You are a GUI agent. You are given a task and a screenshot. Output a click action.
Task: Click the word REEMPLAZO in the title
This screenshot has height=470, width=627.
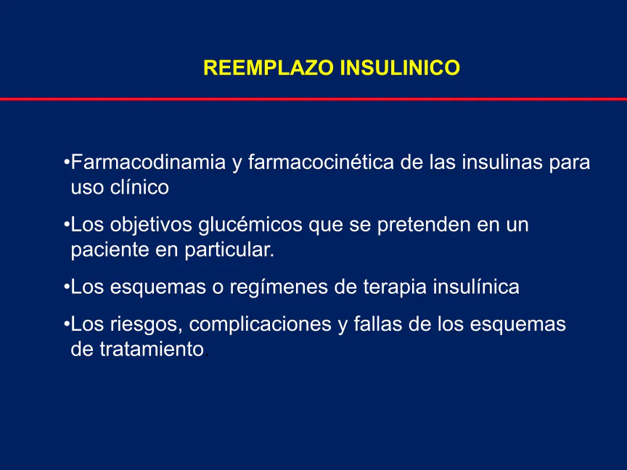[269, 67]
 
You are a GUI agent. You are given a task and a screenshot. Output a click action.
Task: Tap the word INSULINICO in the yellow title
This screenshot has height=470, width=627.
[400, 67]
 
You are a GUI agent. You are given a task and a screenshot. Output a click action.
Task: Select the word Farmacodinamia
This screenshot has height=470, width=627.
[148, 162]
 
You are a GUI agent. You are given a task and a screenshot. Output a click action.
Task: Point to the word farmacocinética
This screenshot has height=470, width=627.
[321, 162]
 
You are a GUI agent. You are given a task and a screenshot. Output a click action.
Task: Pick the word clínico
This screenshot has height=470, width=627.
[139, 187]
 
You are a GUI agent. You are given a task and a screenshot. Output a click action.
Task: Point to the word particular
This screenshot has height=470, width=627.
[229, 250]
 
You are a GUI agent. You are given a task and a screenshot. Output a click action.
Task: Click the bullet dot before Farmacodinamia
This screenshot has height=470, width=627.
[67, 162]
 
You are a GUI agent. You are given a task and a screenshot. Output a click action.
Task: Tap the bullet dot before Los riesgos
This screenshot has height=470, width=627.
[67, 324]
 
